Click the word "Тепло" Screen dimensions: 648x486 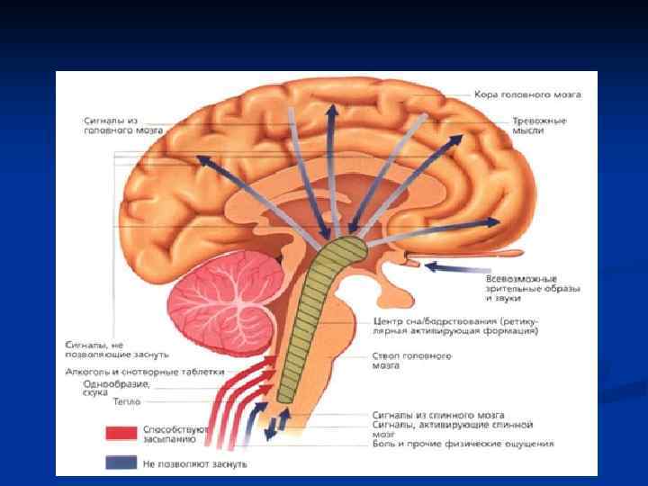coord(126,402)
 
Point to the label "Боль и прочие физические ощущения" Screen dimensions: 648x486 coord(463,444)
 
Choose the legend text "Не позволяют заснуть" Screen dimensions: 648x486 coord(193,463)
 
